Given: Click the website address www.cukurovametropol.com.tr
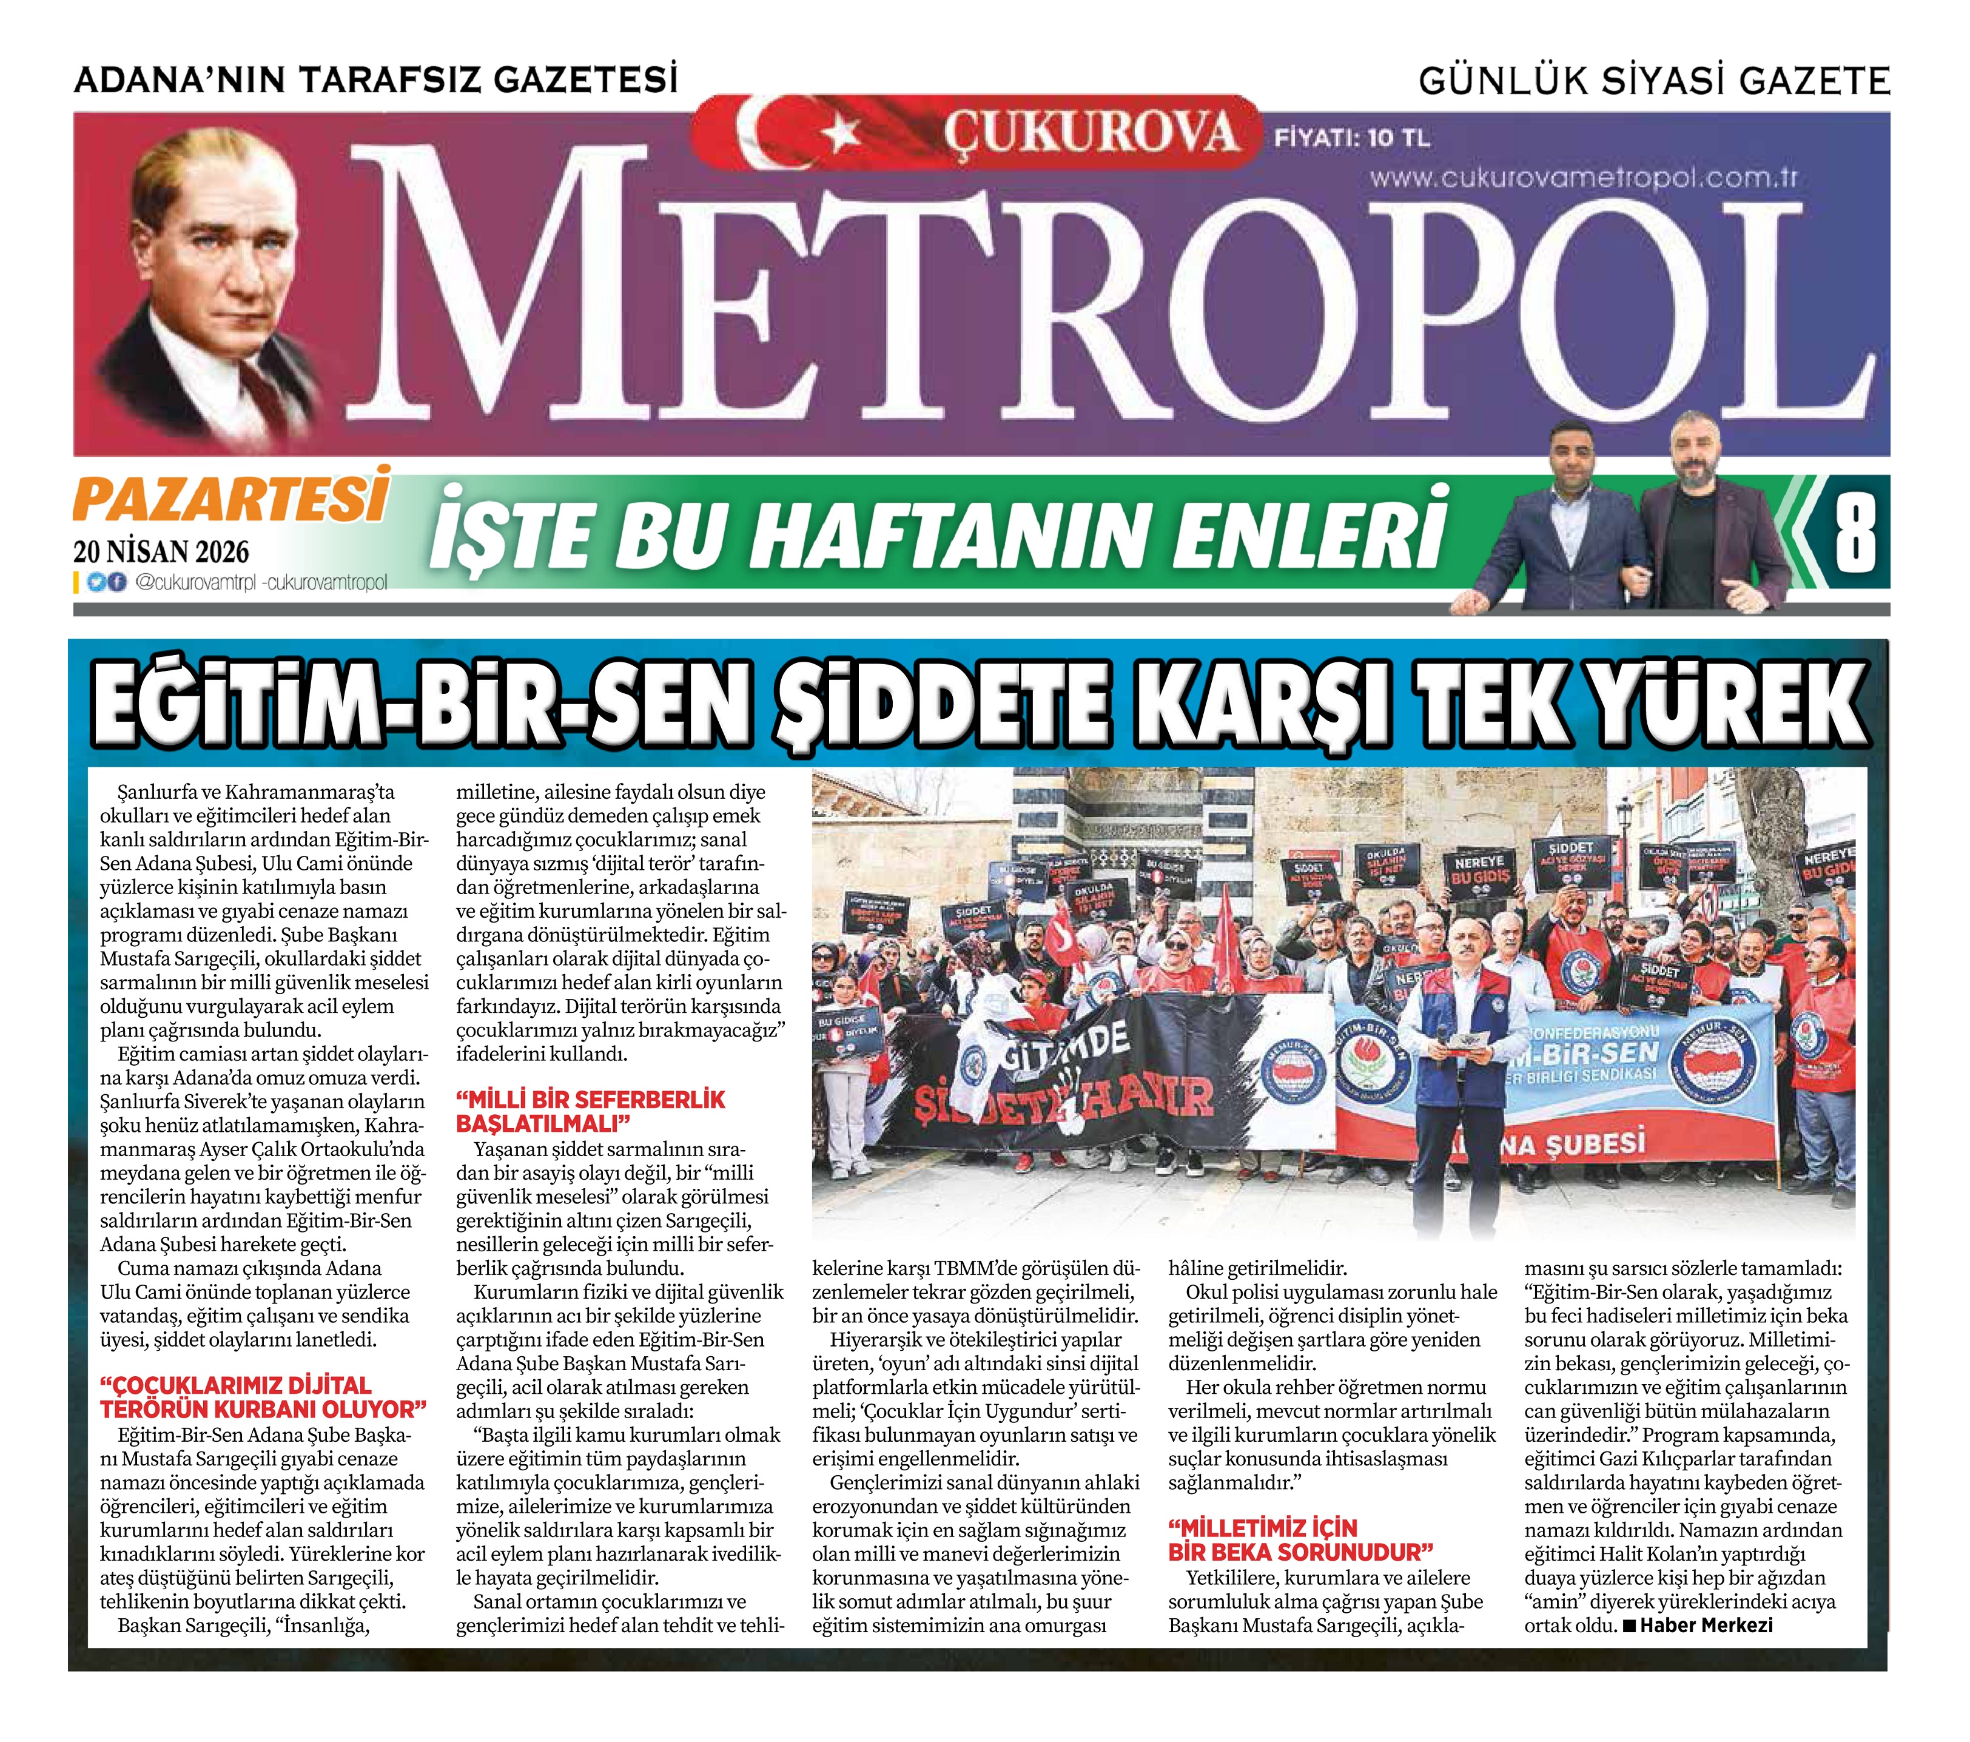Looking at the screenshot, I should (1582, 178).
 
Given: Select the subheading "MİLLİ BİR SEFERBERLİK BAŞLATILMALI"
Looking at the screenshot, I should (590, 1112).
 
